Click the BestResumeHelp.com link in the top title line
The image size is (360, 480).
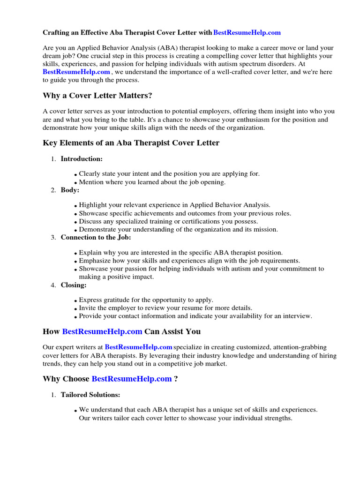[247, 33]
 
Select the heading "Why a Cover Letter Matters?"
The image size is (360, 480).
[97, 96]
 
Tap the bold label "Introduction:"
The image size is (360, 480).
[82, 159]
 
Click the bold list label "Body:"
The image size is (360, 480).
[70, 190]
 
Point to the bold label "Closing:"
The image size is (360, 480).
[74, 285]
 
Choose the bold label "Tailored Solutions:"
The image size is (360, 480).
[90, 395]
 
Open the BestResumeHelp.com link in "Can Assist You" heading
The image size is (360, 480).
[102, 331]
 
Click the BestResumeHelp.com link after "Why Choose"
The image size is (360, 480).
[132, 379]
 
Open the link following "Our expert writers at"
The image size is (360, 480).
[139, 347]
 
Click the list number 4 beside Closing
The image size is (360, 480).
[53, 285]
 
